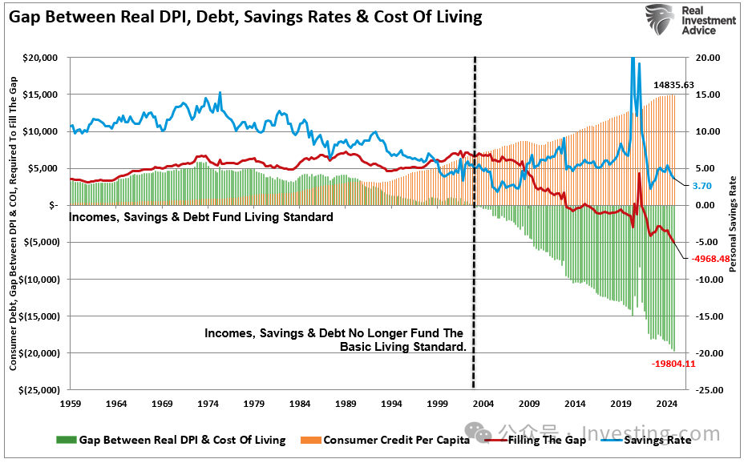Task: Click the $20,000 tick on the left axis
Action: (x=39, y=58)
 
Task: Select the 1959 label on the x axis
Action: (x=71, y=404)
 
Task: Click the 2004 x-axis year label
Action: (x=483, y=404)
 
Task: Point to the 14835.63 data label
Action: (x=673, y=84)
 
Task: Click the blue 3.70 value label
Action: (x=702, y=186)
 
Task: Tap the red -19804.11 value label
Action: (x=673, y=364)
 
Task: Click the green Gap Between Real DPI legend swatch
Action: (x=67, y=439)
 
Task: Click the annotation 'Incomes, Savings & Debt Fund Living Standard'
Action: (x=201, y=217)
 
